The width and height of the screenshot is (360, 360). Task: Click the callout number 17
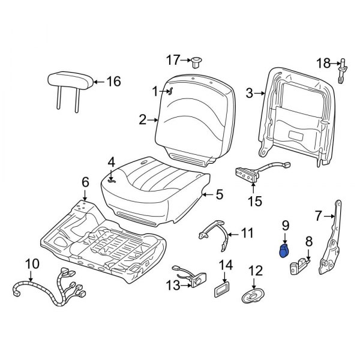tap(173, 59)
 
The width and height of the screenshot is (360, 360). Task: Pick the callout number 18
tap(323, 63)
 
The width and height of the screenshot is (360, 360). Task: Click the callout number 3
tap(249, 93)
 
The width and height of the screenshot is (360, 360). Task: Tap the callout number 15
tap(255, 202)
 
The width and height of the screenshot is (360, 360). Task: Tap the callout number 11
tap(247, 232)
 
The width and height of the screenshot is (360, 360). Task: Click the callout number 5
tap(219, 194)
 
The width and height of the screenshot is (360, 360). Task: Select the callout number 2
tap(142, 120)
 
